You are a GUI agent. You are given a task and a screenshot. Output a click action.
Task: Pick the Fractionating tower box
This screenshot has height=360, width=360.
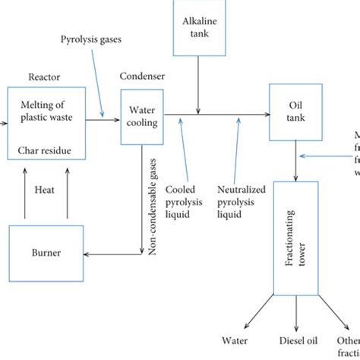[x=293, y=236]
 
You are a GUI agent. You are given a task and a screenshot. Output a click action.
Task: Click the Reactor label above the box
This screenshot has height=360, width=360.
[x=44, y=76]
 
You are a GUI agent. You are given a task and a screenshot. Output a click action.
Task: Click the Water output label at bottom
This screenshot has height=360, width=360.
[x=235, y=341]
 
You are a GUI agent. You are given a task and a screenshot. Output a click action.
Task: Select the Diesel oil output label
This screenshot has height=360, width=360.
[x=292, y=341]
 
